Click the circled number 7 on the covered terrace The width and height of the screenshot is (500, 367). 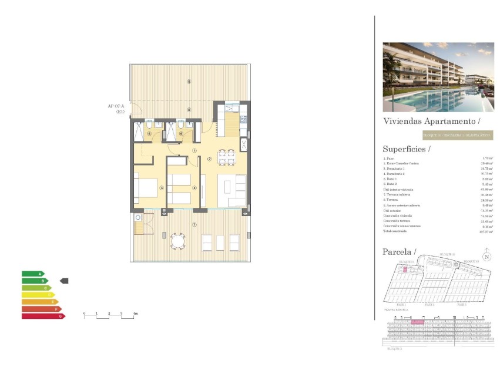click(x=194, y=224)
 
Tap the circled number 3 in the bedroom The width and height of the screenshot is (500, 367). click(x=161, y=188)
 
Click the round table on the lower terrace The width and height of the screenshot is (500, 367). click(x=177, y=241)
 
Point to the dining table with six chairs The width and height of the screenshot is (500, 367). click(x=226, y=157)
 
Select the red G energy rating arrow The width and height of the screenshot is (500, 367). click(x=43, y=316)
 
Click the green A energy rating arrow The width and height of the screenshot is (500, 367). click(x=33, y=274)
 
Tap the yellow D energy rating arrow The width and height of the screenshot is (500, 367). click(x=38, y=295)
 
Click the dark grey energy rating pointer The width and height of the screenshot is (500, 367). click(x=64, y=281)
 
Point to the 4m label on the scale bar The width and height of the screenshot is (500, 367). click(x=135, y=314)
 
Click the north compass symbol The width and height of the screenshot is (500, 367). click(x=486, y=256)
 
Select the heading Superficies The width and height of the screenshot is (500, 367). click(x=406, y=149)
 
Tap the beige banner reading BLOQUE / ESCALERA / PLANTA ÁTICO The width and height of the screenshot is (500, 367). click(x=457, y=136)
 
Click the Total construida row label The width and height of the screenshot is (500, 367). click(x=397, y=232)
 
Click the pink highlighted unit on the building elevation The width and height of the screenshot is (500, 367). click(x=417, y=322)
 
